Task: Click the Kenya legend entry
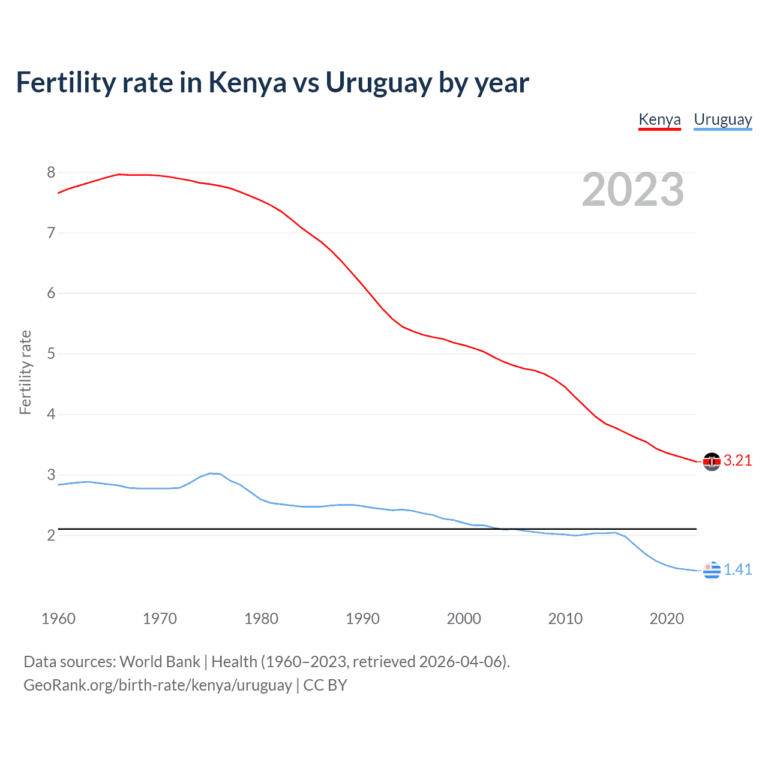click(659, 119)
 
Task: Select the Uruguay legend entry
click(722, 119)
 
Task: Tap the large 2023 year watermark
click(632, 190)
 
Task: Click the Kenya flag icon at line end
click(712, 461)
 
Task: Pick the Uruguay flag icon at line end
click(712, 570)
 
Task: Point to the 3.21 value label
click(737, 461)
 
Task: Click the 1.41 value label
click(737, 569)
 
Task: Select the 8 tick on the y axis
click(51, 173)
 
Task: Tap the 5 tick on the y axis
click(51, 354)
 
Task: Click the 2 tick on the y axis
click(51, 535)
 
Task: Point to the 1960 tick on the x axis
click(58, 619)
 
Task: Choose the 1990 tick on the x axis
click(362, 619)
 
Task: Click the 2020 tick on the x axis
click(667, 619)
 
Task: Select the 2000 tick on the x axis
click(464, 619)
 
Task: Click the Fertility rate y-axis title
click(25, 372)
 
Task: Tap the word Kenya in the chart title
click(247, 83)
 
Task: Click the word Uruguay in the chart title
click(379, 83)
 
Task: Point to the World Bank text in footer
click(160, 662)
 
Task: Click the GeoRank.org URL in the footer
click(158, 685)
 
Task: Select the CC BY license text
click(325, 685)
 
